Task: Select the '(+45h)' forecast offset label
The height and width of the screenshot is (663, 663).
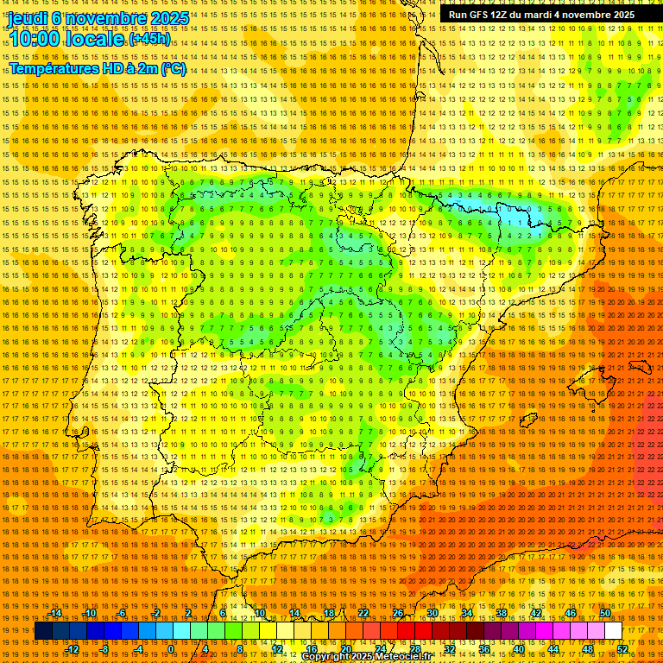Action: tap(149, 40)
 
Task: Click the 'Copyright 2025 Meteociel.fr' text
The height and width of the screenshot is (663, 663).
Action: tap(378, 657)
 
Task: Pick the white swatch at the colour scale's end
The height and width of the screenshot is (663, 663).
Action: tap(613, 631)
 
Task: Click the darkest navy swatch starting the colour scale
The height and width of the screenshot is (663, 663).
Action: tap(43, 631)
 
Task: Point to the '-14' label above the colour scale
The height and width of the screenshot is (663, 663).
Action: tap(55, 613)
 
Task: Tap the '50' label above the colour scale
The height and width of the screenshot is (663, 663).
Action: tap(605, 613)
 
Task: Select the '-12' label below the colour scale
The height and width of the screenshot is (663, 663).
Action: tap(73, 649)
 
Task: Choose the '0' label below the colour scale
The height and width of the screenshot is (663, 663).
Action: tap(171, 649)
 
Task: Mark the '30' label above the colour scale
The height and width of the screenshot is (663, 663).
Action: tap(433, 613)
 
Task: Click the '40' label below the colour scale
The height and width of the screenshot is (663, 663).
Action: tap(519, 649)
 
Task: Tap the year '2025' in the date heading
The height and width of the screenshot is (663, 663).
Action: tap(167, 18)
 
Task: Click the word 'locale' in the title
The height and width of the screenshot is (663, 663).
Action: tap(95, 40)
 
